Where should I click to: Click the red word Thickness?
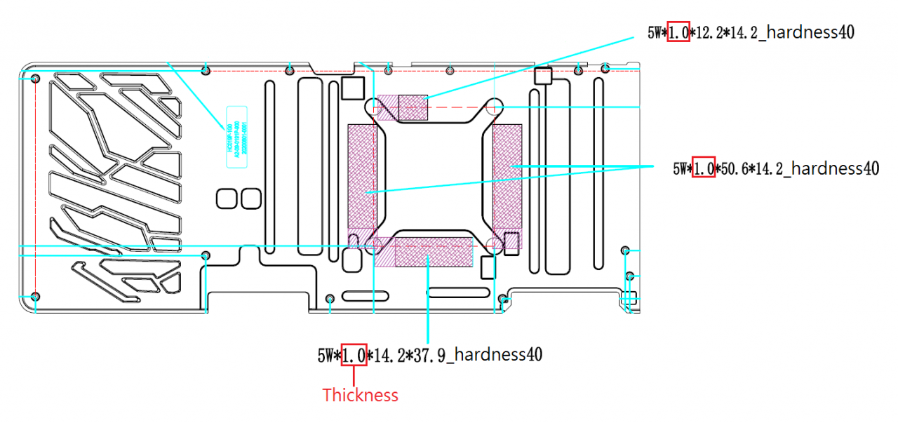coord(360,396)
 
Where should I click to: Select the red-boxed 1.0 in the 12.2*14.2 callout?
coord(678,32)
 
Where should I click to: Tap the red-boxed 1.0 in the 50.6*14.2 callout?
coord(704,168)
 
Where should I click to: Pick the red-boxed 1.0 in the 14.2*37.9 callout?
coord(353,355)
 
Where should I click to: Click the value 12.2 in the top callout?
coord(709,32)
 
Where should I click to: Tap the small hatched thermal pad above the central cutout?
coord(413,107)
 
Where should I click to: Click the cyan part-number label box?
coord(237,137)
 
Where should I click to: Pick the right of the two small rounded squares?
coord(250,199)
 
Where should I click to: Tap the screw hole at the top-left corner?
coord(36,79)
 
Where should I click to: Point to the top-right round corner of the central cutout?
coord(494,107)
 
